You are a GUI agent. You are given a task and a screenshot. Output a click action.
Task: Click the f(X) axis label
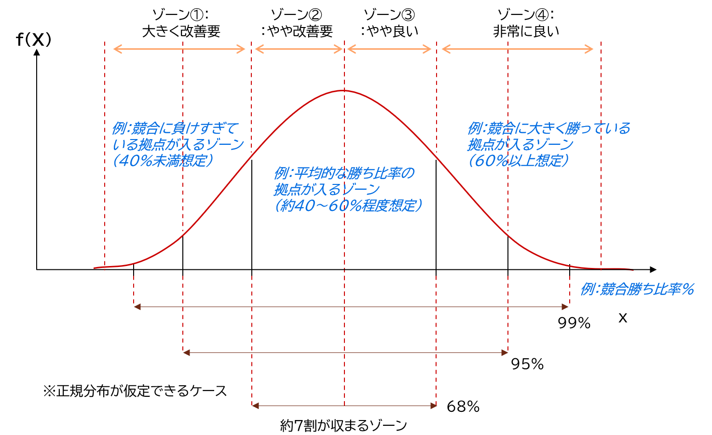coord(33,39)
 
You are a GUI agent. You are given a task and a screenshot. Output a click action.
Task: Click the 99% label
coord(574,323)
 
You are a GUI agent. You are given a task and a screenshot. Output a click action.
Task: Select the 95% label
coord(527,364)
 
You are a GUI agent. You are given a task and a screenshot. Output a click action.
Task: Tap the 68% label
coord(463,407)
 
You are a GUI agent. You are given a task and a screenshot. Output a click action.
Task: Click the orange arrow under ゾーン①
coord(179,49)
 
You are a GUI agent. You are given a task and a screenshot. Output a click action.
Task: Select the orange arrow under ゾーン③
coord(389,49)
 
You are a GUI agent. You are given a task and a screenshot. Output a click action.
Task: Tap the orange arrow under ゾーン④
coord(517,49)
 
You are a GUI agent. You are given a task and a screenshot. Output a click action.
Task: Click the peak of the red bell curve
coord(344,91)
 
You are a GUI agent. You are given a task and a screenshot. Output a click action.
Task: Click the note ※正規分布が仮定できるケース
coord(135,391)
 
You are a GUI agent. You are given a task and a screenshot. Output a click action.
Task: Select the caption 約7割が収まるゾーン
coord(343,425)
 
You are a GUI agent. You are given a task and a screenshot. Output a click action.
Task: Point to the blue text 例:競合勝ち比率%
coord(637,289)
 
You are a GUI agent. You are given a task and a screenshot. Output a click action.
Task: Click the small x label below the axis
coord(623,318)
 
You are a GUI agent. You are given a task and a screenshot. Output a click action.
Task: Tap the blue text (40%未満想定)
coord(163,160)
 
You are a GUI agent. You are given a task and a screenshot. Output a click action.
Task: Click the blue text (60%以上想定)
coord(518,160)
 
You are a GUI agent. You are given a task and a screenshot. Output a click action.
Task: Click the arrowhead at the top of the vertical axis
coord(37,52)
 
